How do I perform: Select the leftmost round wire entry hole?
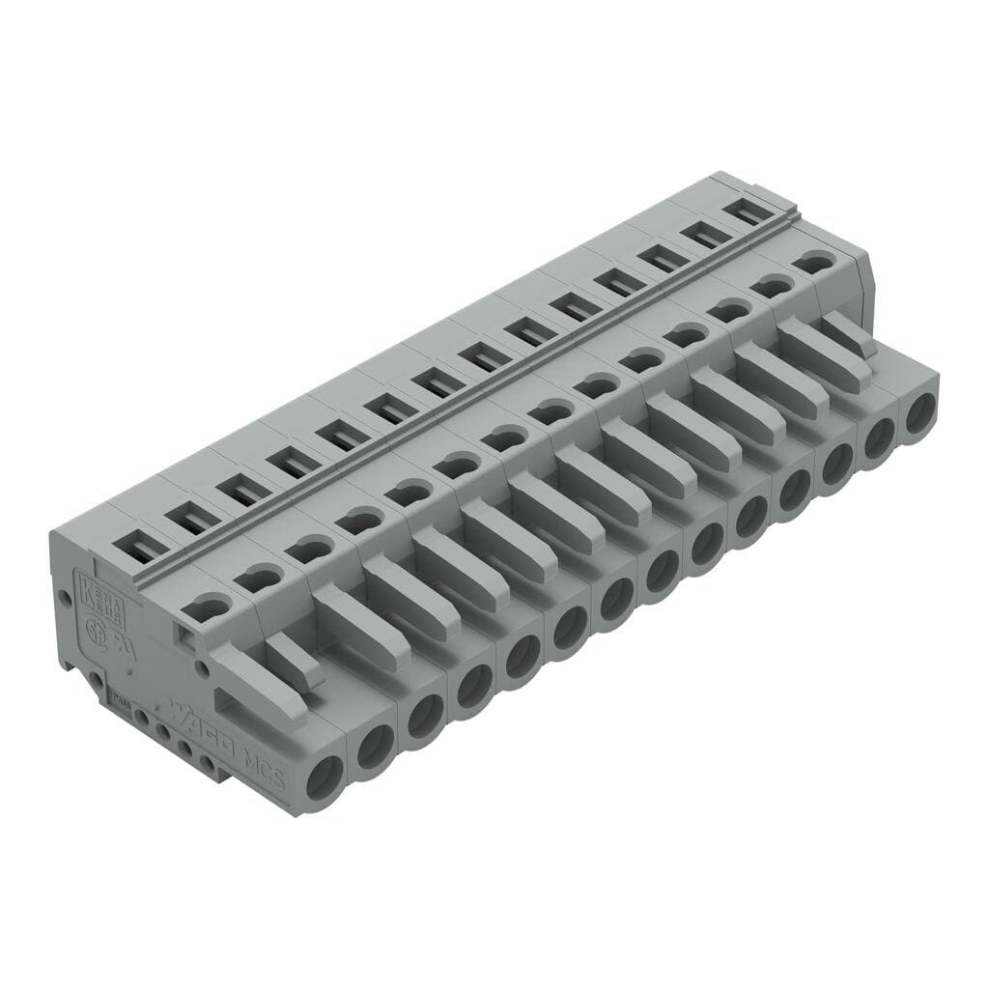(324, 775)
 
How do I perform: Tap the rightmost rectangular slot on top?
(752, 211)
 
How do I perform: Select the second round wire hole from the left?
(375, 745)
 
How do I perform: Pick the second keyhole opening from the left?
(256, 579)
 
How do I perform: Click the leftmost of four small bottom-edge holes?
(142, 719)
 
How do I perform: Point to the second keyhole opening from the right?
(772, 286)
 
